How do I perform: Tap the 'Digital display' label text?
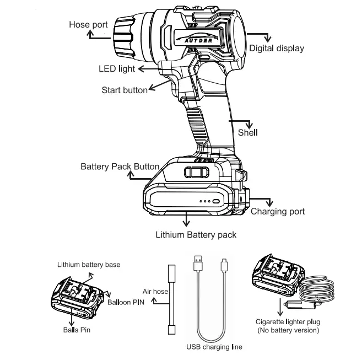point(276,49)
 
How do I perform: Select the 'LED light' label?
point(116,69)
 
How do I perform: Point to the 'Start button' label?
point(124,90)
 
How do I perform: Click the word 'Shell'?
point(247,133)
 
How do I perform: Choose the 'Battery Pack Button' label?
point(120,166)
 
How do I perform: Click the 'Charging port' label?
point(277,211)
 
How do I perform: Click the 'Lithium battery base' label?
point(89,265)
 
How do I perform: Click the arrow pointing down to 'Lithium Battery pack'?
point(187,221)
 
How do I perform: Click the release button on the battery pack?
point(193,172)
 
